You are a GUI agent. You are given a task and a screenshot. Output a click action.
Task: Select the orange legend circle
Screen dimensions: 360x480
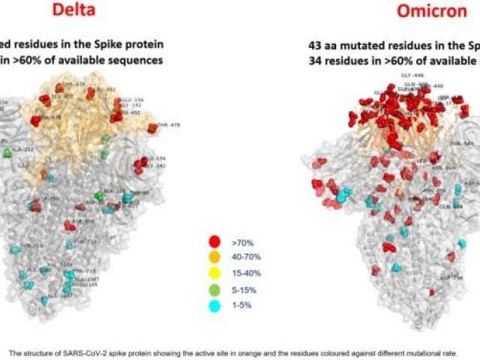pos(215,256)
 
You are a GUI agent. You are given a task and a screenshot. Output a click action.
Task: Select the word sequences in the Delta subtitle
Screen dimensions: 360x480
pos(136,59)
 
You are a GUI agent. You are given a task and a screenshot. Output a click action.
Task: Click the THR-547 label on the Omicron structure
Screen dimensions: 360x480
pos(461,142)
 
